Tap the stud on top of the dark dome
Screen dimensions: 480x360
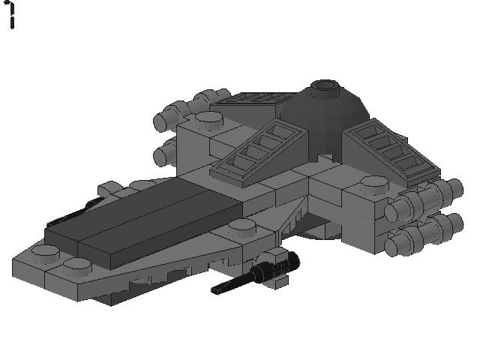click(x=325, y=85)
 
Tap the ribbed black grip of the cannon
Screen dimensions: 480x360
click(x=277, y=265)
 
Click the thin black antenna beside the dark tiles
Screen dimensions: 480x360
click(x=73, y=212)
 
